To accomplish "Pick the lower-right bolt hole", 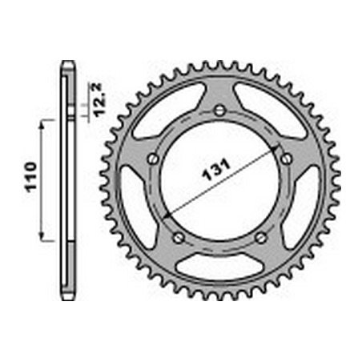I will (x=260, y=236).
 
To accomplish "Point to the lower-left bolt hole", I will (x=177, y=236).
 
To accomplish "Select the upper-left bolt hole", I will (x=151, y=159).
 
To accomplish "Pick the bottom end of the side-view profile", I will (x=68, y=296).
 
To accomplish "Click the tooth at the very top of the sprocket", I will (x=219, y=62).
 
